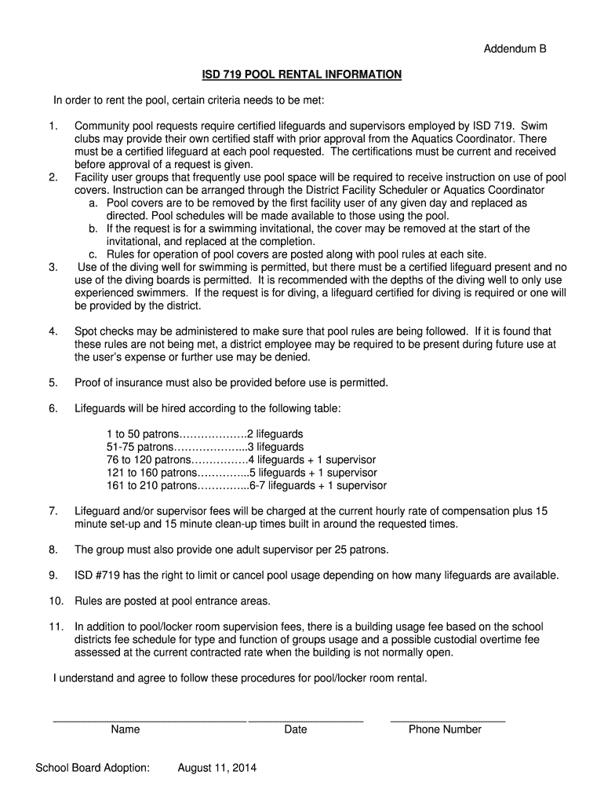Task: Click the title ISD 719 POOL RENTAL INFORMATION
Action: point(302,75)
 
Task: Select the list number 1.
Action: point(53,126)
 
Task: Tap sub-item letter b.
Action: point(93,228)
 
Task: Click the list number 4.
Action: point(53,331)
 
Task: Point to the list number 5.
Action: point(53,382)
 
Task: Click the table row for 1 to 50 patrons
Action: point(205,433)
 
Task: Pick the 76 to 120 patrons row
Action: point(241,459)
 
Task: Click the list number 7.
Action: point(53,511)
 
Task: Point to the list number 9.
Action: point(53,576)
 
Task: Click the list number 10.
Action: point(56,601)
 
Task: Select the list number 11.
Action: point(56,627)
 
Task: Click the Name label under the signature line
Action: point(126,729)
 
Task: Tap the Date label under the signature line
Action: point(296,729)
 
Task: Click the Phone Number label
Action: point(445,729)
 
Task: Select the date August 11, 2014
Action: point(217,768)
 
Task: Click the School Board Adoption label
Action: point(93,768)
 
